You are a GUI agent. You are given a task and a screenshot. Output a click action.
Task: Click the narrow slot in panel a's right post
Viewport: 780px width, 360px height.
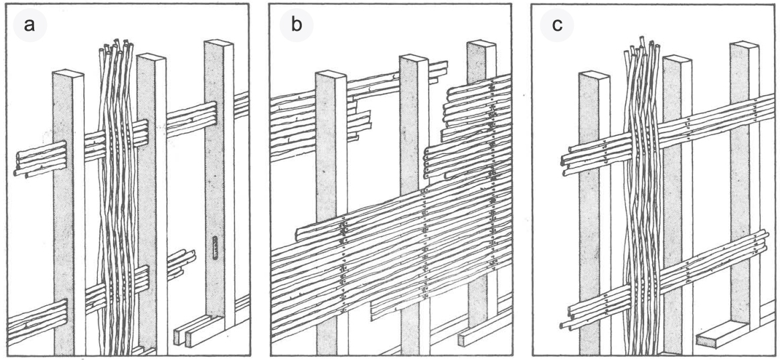(214, 246)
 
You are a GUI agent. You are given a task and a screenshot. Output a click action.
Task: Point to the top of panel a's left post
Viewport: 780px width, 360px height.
(68, 72)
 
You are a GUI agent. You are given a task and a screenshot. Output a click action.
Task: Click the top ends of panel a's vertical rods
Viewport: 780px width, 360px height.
(116, 47)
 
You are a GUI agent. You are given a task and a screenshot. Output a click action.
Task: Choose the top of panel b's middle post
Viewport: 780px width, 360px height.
(414, 58)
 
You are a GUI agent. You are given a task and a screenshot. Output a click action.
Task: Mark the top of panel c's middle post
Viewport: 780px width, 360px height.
(678, 58)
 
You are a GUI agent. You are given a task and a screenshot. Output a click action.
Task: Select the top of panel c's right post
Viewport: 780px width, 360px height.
(745, 44)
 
